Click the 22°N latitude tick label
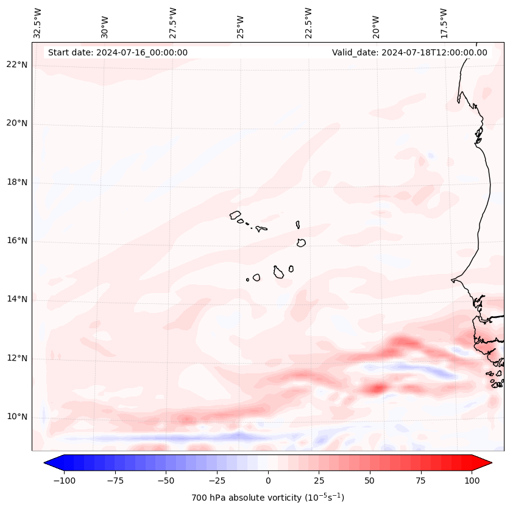pos(16,65)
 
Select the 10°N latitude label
pos(16,417)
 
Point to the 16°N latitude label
pos(16,241)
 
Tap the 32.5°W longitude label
pos(38,23)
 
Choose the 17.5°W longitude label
pos(444,23)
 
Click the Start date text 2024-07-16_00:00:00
pos(118,52)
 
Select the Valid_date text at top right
pos(409,52)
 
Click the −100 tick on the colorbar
pos(64,481)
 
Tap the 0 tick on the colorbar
pos(268,481)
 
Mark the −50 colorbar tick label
pos(166,481)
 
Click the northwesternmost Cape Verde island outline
pos(235,214)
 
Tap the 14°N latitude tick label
pos(16,300)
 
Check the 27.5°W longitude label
pos(173,23)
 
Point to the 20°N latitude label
pos(16,124)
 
